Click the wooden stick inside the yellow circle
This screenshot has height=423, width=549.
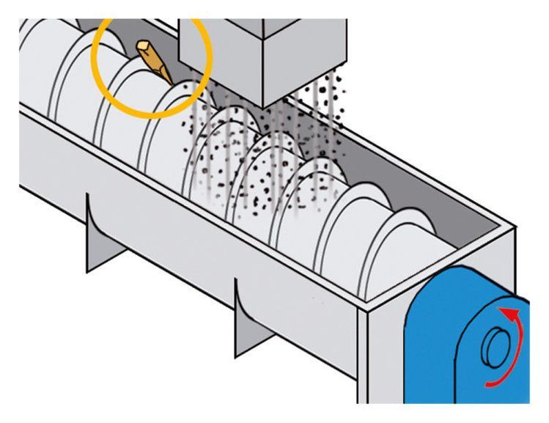pyautogui.click(x=155, y=62)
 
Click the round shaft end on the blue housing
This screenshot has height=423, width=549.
pyautogui.click(x=498, y=347)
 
